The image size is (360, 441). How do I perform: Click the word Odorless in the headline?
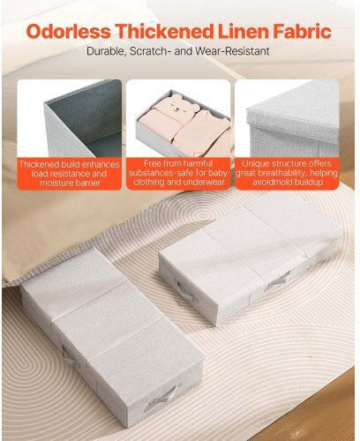[69, 32]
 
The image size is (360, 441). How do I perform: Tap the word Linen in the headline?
[244, 32]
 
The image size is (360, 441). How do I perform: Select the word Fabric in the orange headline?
[304, 32]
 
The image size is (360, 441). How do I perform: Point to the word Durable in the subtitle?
[107, 51]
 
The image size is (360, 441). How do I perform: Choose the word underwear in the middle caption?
[204, 182]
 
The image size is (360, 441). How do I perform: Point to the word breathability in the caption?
[281, 173]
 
